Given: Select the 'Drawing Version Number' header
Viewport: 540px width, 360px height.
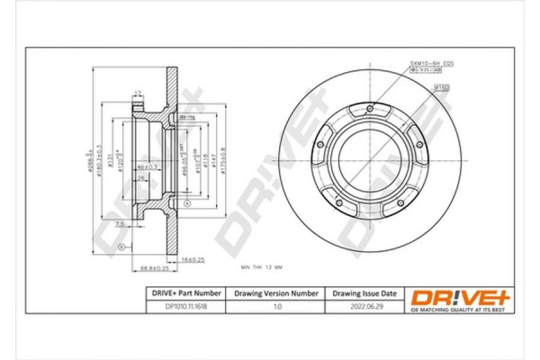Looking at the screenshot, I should [x=276, y=293].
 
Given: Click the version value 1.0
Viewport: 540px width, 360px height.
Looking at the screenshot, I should [x=276, y=307].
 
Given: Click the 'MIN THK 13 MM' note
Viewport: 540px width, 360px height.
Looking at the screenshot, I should [x=263, y=268].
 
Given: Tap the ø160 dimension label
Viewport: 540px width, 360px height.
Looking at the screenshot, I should [x=442, y=88].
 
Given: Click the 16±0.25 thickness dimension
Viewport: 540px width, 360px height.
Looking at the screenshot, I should [x=193, y=258].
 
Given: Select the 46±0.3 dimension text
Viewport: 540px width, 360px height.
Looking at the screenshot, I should [x=147, y=167].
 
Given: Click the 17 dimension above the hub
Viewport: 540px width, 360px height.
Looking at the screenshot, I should [x=138, y=93].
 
